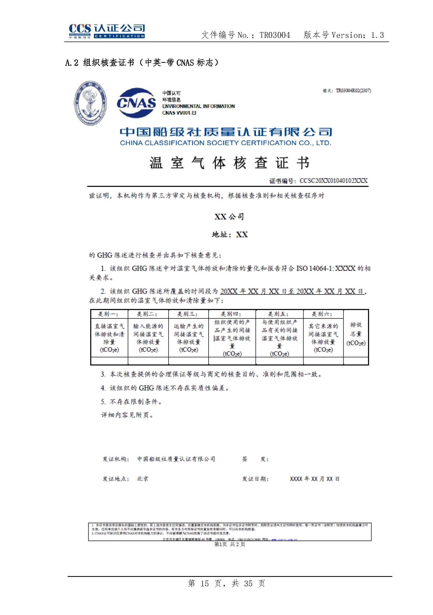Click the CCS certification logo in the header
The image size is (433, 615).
(x=107, y=31)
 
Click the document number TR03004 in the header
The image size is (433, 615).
(x=275, y=35)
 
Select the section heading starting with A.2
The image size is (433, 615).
(x=142, y=63)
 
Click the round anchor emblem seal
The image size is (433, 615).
(x=90, y=103)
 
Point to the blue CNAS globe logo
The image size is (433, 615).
(x=136, y=103)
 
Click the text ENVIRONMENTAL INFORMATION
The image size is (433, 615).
(x=198, y=106)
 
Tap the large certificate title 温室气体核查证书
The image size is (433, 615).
(x=229, y=163)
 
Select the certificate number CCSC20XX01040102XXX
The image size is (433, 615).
(x=333, y=181)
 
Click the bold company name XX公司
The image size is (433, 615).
(x=229, y=216)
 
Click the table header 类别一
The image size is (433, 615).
(x=109, y=314)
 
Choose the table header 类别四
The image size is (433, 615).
(x=231, y=314)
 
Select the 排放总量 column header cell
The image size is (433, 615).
(x=356, y=334)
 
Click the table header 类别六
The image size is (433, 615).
(x=323, y=314)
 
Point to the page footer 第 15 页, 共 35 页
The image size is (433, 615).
(x=226, y=583)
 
